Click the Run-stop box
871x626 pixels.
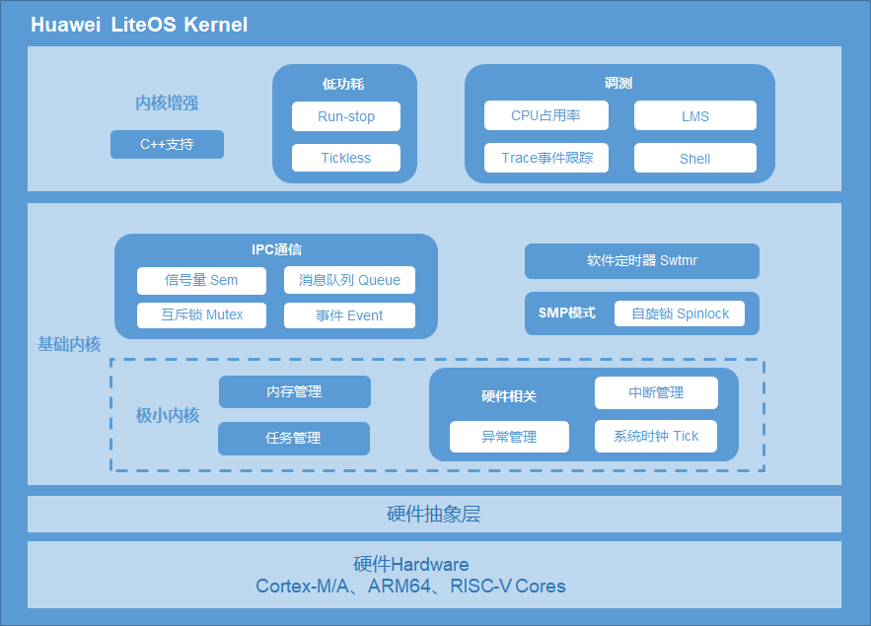pyautogui.click(x=346, y=116)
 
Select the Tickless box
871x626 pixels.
pyautogui.click(x=346, y=158)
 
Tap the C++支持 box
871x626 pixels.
pyautogui.click(x=167, y=144)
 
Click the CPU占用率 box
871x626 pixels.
pyautogui.click(x=545, y=115)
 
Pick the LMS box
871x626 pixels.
pyautogui.click(x=694, y=115)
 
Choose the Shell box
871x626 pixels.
pyautogui.click(x=694, y=158)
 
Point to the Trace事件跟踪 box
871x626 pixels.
pyautogui.click(x=545, y=158)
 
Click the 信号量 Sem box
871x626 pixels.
pyautogui.click(x=201, y=280)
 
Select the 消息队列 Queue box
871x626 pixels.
pyautogui.click(x=349, y=280)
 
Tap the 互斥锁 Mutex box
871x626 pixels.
pyautogui.click(x=201, y=315)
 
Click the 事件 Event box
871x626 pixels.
pyautogui.click(x=349, y=315)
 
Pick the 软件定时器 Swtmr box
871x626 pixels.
pyautogui.click(x=641, y=261)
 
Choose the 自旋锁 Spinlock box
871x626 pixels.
pyautogui.click(x=680, y=313)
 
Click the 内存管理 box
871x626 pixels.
pyautogui.click(x=294, y=391)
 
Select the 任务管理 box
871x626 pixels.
pyautogui.click(x=293, y=438)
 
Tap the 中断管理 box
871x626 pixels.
pyautogui.click(x=656, y=392)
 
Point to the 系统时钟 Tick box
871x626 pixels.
pyautogui.click(x=656, y=436)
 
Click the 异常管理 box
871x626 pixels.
pyautogui.click(x=509, y=437)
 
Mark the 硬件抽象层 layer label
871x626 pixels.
pyautogui.click(x=434, y=515)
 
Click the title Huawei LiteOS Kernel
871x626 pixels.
pyautogui.click(x=139, y=25)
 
